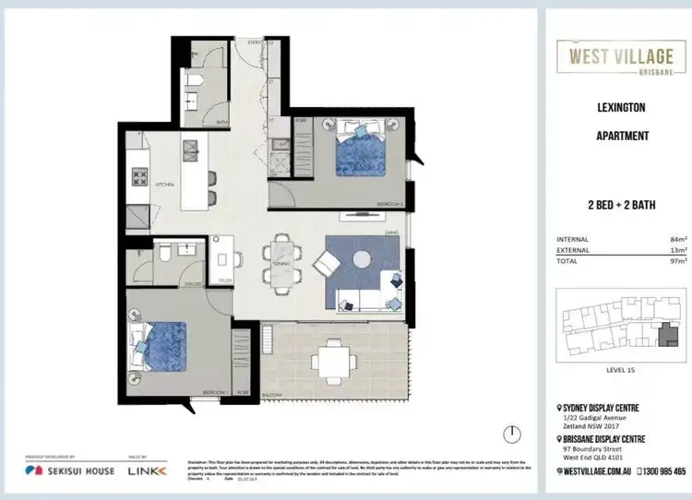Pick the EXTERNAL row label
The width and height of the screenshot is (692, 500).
[x=573, y=250]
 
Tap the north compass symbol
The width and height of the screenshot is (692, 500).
[x=508, y=433]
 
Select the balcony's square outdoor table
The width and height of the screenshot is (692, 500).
[x=333, y=354]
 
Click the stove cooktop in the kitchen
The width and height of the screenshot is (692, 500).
[x=142, y=175]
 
